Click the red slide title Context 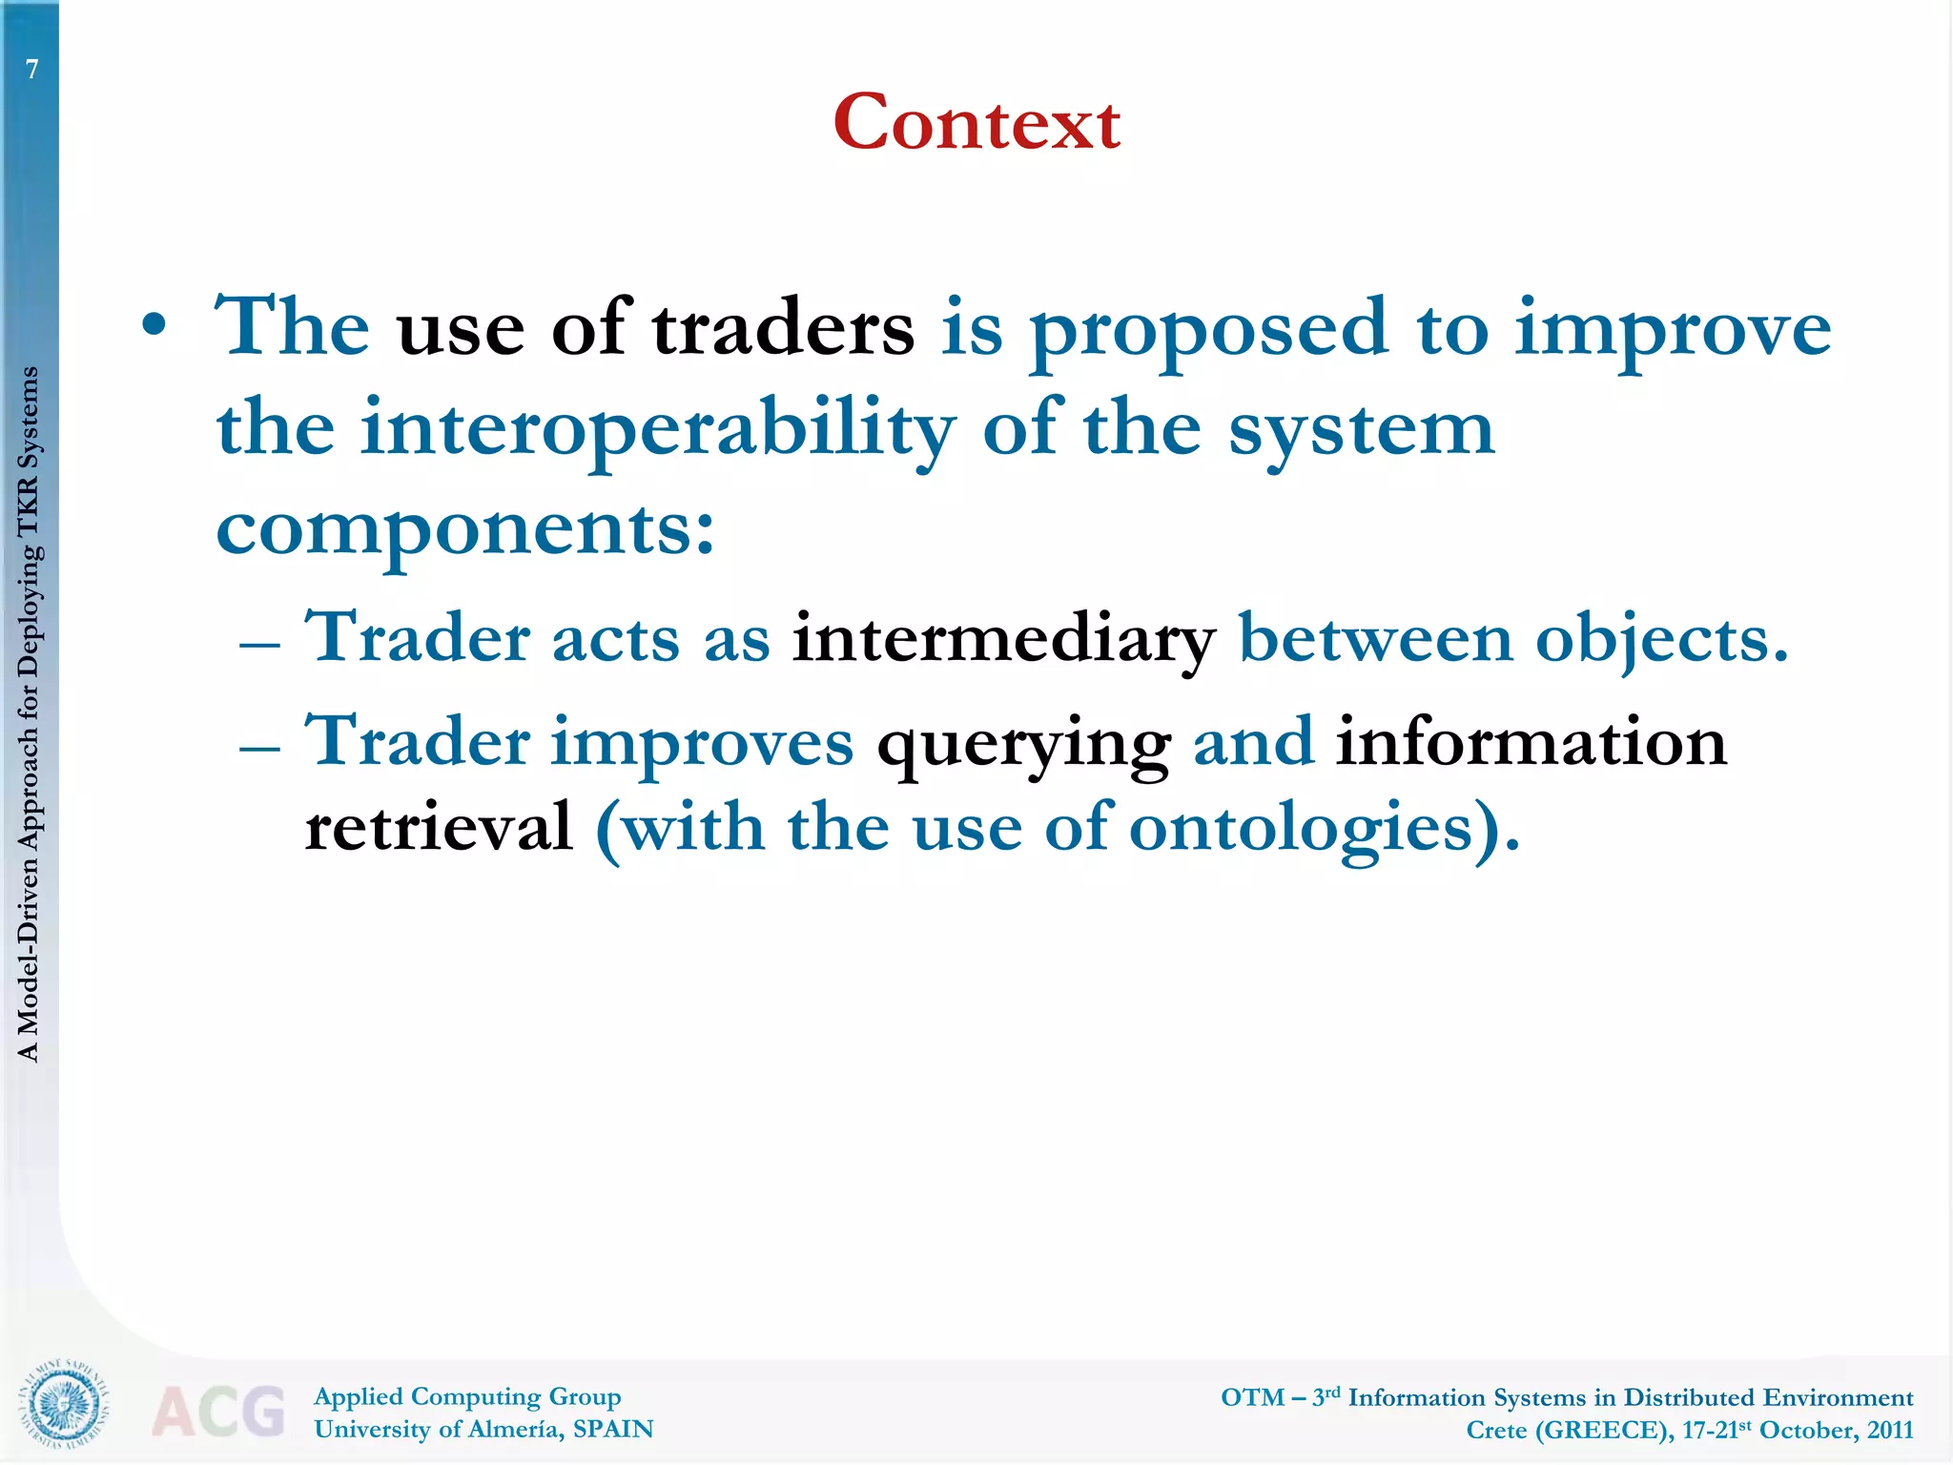(x=976, y=123)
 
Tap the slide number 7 (x=32, y=70)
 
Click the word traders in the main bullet (x=782, y=328)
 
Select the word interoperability (x=658, y=430)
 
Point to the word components (x=465, y=530)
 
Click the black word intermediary (x=1003, y=638)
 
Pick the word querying (x=1023, y=745)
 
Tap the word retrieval (x=439, y=827)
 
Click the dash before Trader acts (x=259, y=645)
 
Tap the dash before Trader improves (x=259, y=748)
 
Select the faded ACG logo (x=218, y=1411)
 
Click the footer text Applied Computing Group (x=467, y=1396)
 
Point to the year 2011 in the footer (x=1890, y=1430)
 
